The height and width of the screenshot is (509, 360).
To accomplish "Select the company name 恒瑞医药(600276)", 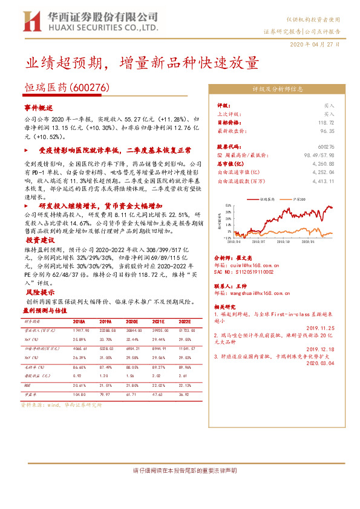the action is point(67,88).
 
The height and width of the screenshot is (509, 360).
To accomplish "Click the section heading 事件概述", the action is point(39,106).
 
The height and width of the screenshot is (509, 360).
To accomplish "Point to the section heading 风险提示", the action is point(39,291).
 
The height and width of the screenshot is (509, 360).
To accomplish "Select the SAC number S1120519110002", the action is point(248,271).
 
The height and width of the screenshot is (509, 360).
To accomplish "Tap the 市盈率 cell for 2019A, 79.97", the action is point(105,393).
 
